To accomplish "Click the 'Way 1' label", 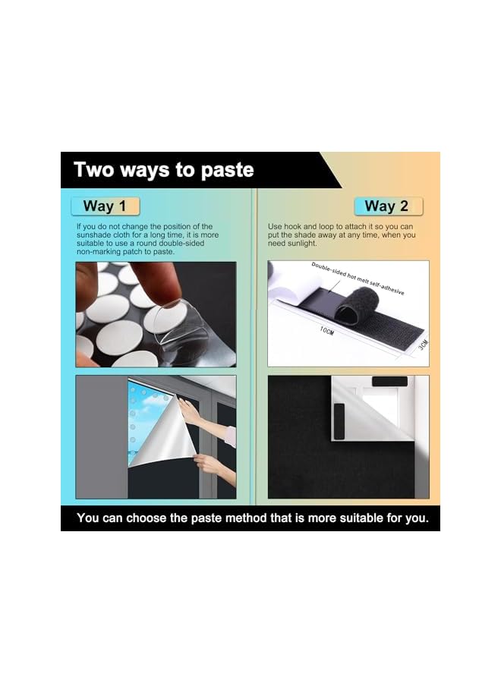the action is [x=105, y=206].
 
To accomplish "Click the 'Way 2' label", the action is [x=387, y=206].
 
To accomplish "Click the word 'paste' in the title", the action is [x=228, y=171].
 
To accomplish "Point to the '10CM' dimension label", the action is [x=326, y=331].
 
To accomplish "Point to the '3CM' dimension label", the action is [x=423, y=345].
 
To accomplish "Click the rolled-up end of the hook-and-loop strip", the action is [x=355, y=304].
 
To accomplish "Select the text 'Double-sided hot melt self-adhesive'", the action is [x=358, y=279].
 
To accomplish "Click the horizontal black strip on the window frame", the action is [x=389, y=382].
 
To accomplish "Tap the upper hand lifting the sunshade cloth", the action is [x=188, y=411].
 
